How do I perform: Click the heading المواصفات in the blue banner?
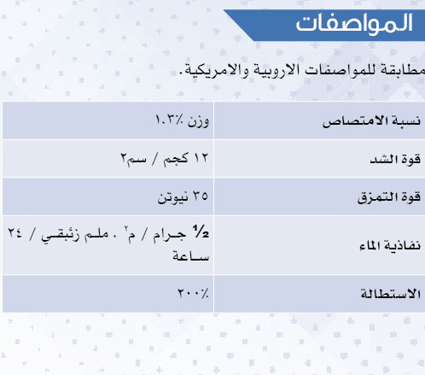tap(354, 23)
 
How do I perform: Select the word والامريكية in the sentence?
tap(214, 71)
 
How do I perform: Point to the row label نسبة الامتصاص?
tap(371, 121)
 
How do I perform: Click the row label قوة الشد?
tap(395, 159)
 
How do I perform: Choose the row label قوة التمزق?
tap(389, 197)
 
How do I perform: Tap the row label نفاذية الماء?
tap(390, 245)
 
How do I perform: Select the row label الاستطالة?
tap(391, 293)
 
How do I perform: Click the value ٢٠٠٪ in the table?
tap(193, 293)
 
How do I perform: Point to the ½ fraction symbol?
tap(201, 231)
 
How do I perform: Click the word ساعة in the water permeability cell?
tap(191, 256)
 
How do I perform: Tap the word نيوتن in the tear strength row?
tap(172, 197)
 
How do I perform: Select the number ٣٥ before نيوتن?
tap(201, 196)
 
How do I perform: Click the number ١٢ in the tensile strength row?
tap(201, 158)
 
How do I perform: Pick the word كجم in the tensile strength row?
tap(176, 159)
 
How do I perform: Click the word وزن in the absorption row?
tap(198, 121)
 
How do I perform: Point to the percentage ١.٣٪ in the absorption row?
tap(169, 120)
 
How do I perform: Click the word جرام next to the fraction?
tap(170, 235)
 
